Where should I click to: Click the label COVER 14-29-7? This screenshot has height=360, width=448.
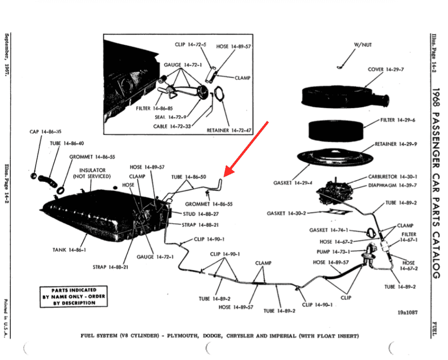386,69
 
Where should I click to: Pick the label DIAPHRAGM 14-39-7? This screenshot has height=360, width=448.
392,185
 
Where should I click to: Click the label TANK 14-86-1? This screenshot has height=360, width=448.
69,250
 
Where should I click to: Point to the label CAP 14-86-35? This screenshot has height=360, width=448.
46,132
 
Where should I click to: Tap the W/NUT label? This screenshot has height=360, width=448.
362,45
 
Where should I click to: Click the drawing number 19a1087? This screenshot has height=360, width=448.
405,312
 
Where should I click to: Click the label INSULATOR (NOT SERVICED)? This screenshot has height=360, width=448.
92,173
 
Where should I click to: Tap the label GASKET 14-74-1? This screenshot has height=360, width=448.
329,230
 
